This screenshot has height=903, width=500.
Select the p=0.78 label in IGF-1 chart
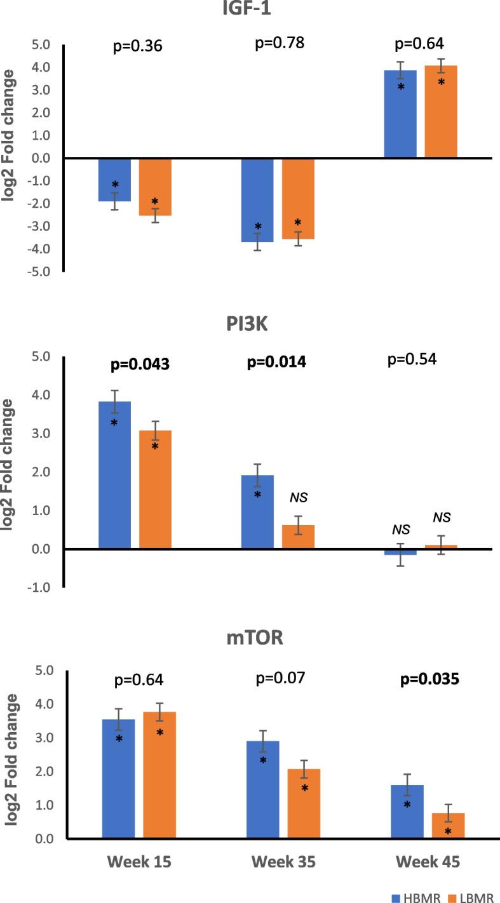(280, 44)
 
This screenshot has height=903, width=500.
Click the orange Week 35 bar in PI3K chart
(298, 537)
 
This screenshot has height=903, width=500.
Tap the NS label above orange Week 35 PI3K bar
(298, 497)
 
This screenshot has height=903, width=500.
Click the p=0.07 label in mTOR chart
(280, 678)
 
